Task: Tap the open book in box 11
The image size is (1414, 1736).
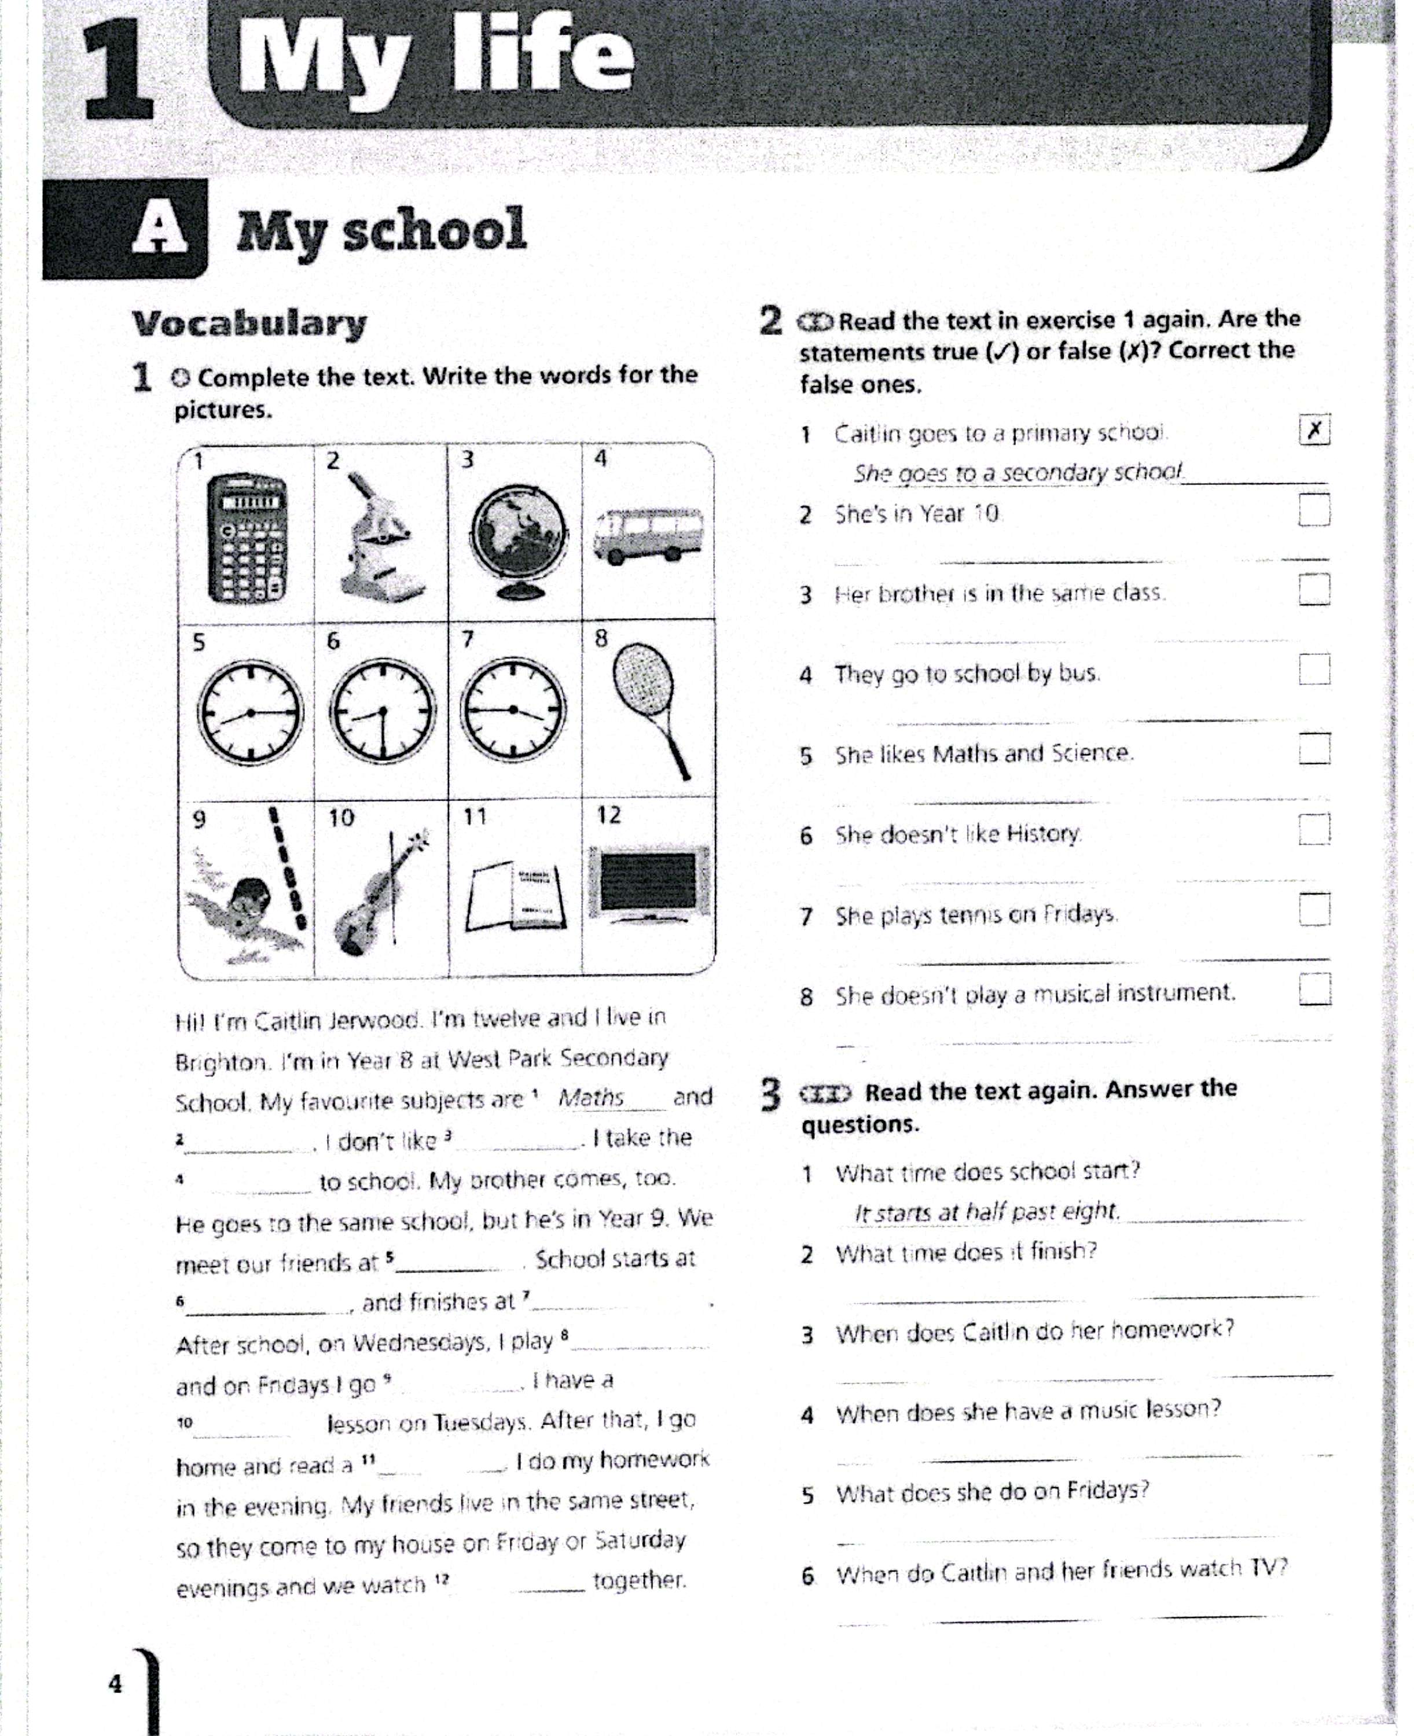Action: [x=516, y=896]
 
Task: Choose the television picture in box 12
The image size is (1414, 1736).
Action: [x=648, y=884]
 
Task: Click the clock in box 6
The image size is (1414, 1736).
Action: [x=382, y=711]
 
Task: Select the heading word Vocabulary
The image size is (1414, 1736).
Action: [x=249, y=323]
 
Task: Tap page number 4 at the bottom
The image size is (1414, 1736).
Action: [x=115, y=1683]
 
